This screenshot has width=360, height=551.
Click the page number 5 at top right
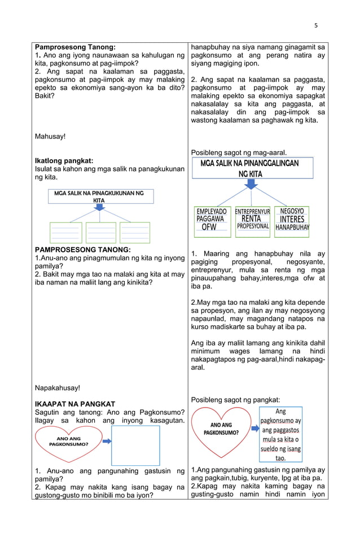316,25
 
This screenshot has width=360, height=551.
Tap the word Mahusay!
50,136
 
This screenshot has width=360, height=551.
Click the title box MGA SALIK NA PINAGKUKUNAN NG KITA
99,196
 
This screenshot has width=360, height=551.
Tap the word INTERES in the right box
292,219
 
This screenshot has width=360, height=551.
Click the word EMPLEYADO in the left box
211,211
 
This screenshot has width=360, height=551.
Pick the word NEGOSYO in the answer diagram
292,211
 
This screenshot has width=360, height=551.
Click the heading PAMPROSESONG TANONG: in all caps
83,249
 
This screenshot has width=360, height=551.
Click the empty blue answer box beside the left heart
135,445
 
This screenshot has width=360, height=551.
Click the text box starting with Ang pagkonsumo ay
280,435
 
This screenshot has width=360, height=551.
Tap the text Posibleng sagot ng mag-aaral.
239,152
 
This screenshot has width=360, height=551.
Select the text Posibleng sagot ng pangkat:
235,400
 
